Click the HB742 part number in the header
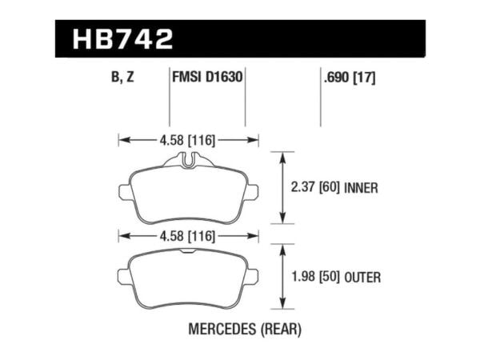[x=122, y=39]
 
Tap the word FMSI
[x=188, y=78]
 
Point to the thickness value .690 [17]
[x=350, y=78]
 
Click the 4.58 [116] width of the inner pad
[x=189, y=141]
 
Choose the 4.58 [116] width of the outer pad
[x=189, y=236]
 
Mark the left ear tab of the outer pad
[x=124, y=276]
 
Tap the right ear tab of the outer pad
[x=254, y=276]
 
